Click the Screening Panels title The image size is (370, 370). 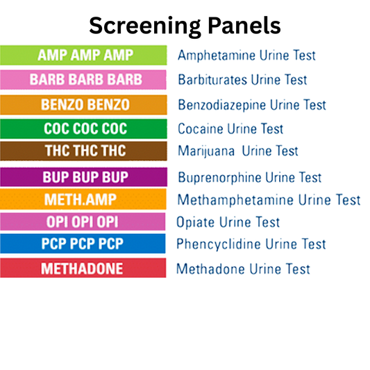coord(185,25)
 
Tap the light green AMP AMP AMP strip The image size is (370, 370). coord(83,54)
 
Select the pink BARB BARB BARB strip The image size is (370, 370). coord(83,79)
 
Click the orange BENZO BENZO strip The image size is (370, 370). coord(83,105)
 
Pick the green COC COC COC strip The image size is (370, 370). coord(83,128)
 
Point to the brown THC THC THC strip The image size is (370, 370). coord(83,151)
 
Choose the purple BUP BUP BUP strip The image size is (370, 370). coord(83,176)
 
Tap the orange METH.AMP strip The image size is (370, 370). coord(83,200)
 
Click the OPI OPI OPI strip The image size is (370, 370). coord(83,221)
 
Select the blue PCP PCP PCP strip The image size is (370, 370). coord(83,244)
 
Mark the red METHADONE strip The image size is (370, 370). coord(83,268)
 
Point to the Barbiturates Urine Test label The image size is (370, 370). coord(242,80)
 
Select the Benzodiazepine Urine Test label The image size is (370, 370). coord(251,106)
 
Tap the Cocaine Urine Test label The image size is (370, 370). coord(230,129)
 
